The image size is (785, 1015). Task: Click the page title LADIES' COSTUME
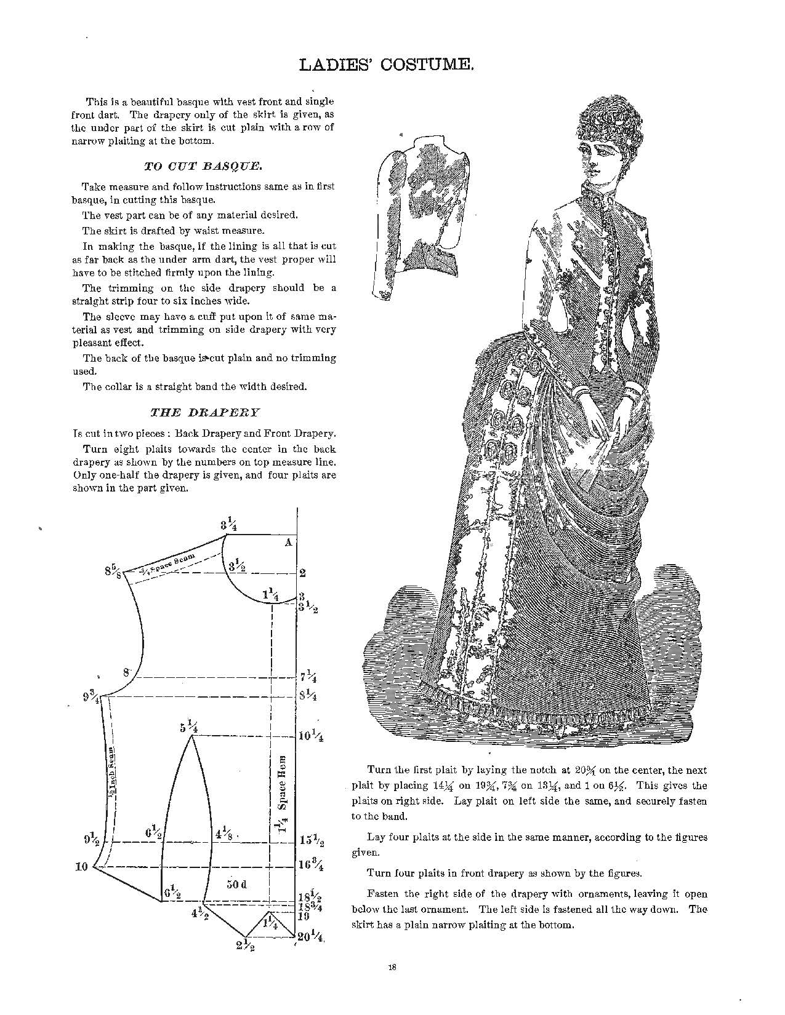(386, 65)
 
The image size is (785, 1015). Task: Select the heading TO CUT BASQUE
(204, 165)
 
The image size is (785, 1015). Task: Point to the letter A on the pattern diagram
(287, 543)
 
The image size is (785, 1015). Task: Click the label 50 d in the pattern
(236, 884)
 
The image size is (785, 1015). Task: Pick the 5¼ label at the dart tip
(188, 728)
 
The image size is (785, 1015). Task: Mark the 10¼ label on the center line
(311, 736)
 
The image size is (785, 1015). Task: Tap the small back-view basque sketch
(419, 215)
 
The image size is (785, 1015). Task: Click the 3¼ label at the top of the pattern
(228, 525)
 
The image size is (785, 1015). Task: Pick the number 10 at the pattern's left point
(81, 867)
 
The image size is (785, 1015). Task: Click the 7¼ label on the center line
(308, 679)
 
